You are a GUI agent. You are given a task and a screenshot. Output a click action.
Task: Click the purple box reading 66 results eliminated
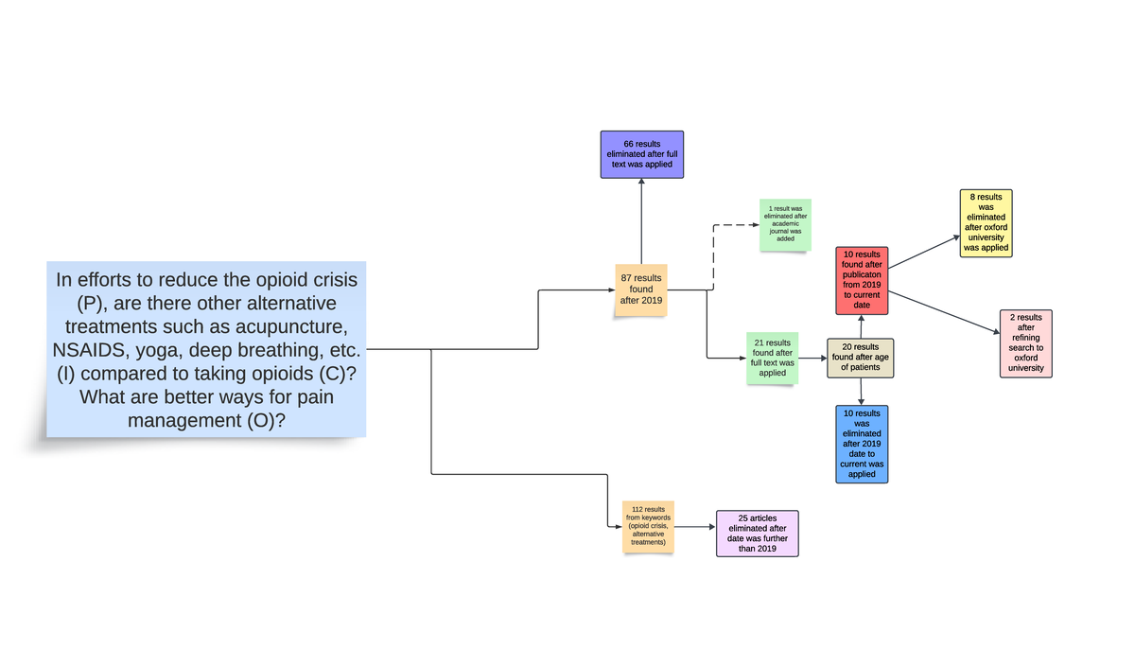pyautogui.click(x=641, y=154)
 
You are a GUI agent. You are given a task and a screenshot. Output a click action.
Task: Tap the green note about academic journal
pyautogui.click(x=785, y=225)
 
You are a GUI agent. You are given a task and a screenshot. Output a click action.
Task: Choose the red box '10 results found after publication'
pyautogui.click(x=861, y=280)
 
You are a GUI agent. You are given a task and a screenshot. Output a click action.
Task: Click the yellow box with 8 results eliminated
pyautogui.click(x=986, y=223)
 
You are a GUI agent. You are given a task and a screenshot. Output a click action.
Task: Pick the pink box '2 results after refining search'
pyautogui.click(x=1025, y=343)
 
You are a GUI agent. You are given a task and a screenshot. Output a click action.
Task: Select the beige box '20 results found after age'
pyautogui.click(x=860, y=358)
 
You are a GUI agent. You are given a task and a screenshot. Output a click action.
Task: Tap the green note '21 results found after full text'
pyautogui.click(x=772, y=358)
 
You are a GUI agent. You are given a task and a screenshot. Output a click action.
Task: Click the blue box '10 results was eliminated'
pyautogui.click(x=862, y=444)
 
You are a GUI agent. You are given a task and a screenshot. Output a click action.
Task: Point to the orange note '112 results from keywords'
pyautogui.click(x=648, y=527)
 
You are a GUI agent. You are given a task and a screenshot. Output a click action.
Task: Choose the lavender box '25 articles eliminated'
pyautogui.click(x=757, y=534)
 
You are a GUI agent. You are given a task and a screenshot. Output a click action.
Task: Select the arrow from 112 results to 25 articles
pyautogui.click(x=695, y=527)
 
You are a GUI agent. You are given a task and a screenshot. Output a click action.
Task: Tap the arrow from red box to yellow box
pyautogui.click(x=924, y=252)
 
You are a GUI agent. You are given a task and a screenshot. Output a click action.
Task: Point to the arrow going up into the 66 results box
pyautogui.click(x=641, y=221)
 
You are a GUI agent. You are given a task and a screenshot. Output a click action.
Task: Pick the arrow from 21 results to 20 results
pyautogui.click(x=812, y=359)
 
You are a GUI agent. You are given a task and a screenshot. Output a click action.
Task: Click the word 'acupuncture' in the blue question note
pyautogui.click(x=289, y=326)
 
